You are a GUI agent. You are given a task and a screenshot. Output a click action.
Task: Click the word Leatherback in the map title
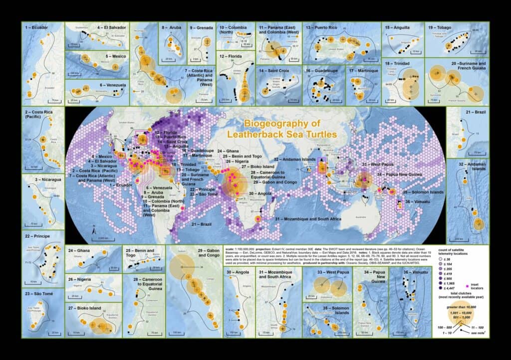259,134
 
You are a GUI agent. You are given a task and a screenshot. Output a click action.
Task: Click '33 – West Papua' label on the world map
380,164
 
